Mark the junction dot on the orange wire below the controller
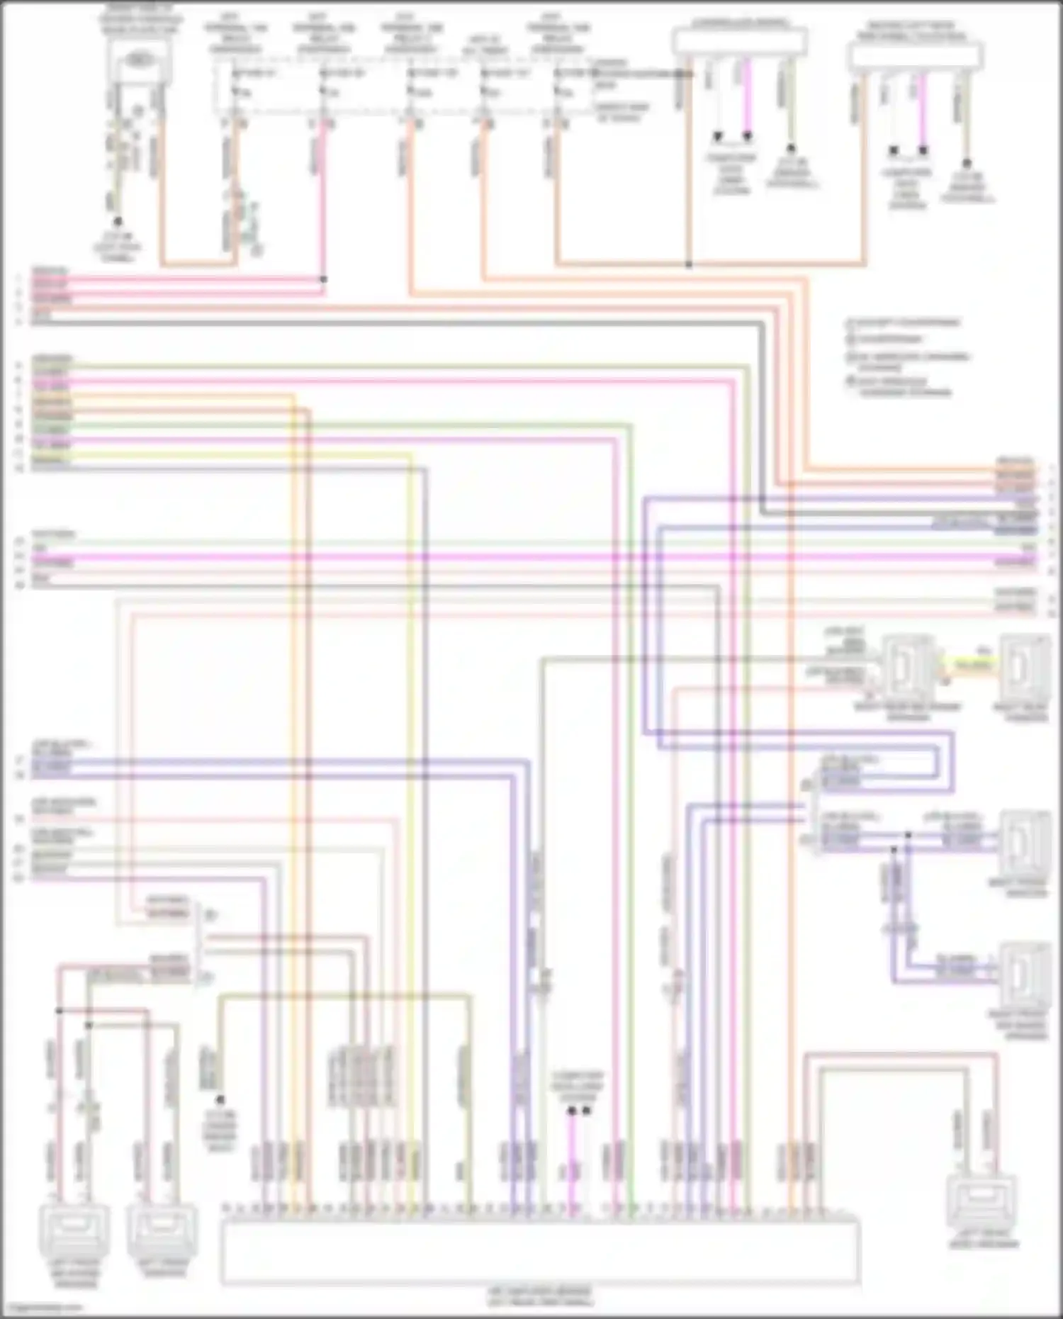coord(689,264)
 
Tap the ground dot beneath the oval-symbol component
coord(118,222)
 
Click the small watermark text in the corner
coord(43,1308)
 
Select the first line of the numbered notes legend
coord(904,322)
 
